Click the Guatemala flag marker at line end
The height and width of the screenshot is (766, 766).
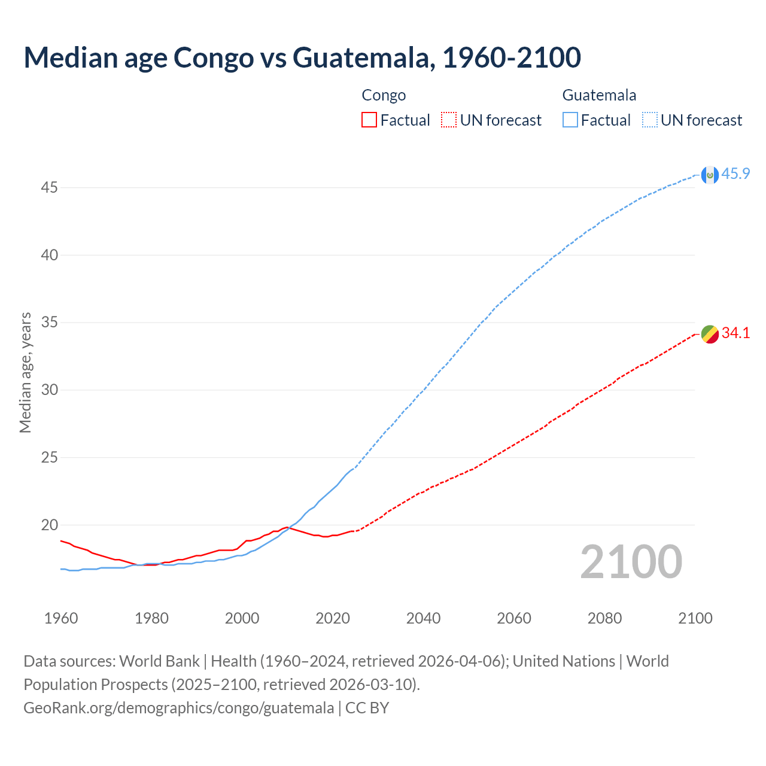pos(710,175)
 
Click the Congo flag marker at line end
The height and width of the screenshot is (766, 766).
pos(710,335)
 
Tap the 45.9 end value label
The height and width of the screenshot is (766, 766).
pos(735,174)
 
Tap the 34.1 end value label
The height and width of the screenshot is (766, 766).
pos(735,333)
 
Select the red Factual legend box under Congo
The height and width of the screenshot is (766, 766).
pos(369,120)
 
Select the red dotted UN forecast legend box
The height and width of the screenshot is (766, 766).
pos(449,120)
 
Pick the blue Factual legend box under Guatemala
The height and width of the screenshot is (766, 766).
pos(570,120)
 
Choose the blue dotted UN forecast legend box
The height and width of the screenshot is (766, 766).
pos(649,120)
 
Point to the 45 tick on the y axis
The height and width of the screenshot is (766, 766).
pos(49,188)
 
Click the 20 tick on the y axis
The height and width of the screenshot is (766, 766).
pos(49,525)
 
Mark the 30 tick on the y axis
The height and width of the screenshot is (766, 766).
pos(49,390)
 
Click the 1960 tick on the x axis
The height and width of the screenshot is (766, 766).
pos(61,618)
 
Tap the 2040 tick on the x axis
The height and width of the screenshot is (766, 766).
pos(423,618)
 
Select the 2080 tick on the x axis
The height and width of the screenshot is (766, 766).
pos(604,618)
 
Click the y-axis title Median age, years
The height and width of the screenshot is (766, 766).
pos(25,372)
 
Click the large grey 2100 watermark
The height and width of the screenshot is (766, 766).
pos(631,561)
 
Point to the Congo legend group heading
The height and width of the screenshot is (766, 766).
pos(384,95)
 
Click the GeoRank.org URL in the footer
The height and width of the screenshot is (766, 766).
pos(178,708)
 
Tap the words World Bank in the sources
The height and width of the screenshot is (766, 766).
pos(159,661)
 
